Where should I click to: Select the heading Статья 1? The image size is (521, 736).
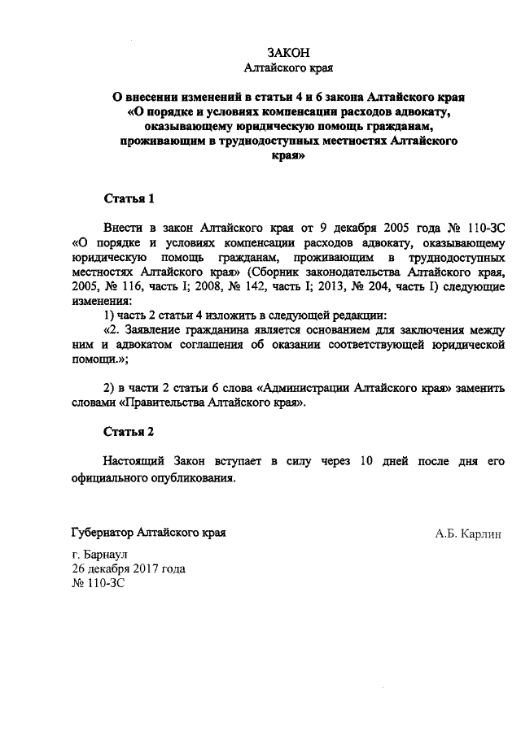129,198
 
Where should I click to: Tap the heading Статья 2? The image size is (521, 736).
129,430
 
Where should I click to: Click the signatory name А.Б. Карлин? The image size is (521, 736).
468,534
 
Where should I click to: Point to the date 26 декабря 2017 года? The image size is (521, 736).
129,568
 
